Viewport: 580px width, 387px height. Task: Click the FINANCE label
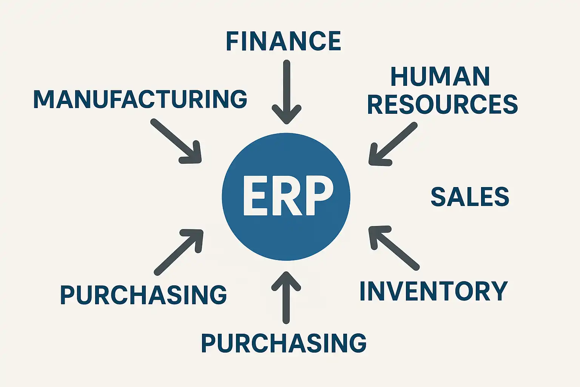coord(283,41)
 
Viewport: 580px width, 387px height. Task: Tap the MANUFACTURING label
coord(140,99)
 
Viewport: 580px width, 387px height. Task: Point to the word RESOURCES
coord(443,104)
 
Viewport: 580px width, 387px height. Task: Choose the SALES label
coord(470,197)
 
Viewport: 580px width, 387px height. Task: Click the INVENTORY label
coord(433,291)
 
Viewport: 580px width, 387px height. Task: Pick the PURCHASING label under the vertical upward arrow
coord(284,343)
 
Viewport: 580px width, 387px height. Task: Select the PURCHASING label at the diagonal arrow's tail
coord(143,295)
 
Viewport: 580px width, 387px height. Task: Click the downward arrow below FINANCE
coord(287,92)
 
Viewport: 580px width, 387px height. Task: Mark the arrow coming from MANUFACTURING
coord(176,141)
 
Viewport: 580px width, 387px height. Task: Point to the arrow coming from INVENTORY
coord(393,248)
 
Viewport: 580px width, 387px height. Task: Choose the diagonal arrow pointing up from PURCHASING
coord(179,251)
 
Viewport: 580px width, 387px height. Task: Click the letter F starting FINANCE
coord(231,41)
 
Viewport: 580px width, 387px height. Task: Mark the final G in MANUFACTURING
coord(238,99)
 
